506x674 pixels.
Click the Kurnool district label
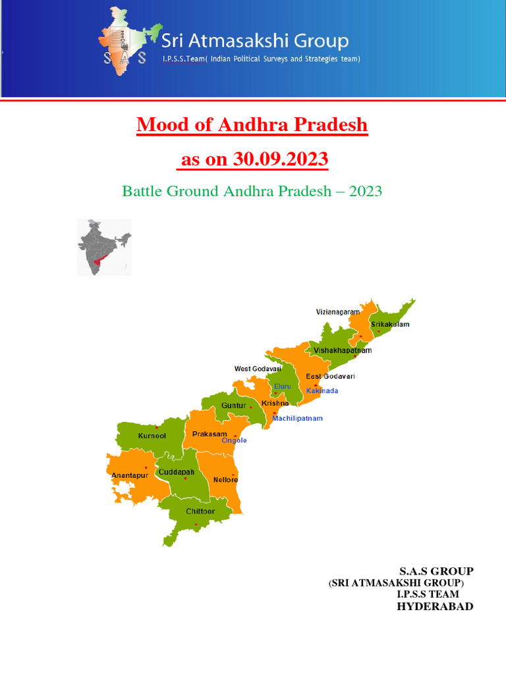(x=152, y=436)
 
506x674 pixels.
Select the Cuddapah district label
(x=176, y=472)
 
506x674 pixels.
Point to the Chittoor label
(x=200, y=511)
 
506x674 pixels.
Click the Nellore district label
(x=225, y=480)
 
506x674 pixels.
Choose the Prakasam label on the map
(x=210, y=434)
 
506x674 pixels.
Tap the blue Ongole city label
(x=234, y=440)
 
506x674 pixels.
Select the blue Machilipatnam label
(x=298, y=418)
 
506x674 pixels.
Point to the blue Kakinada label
(x=322, y=390)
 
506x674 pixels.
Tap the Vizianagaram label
(x=338, y=311)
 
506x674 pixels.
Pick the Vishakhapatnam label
(x=343, y=350)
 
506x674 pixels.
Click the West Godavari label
(x=258, y=369)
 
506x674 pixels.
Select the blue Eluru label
(x=282, y=386)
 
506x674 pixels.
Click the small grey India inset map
(x=104, y=247)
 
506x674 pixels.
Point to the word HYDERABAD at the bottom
(x=435, y=606)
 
